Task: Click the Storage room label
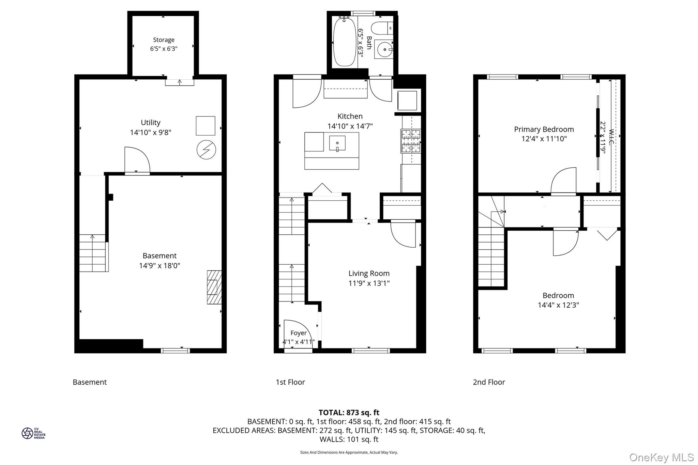[x=164, y=40]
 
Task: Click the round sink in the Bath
[x=384, y=50]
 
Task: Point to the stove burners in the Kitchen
[x=411, y=141]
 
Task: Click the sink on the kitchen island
[x=337, y=143]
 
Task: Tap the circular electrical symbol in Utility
[x=206, y=150]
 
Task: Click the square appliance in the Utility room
[x=206, y=126]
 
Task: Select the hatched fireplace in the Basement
[x=214, y=287]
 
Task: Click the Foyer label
[x=298, y=333]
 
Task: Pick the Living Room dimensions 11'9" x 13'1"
[x=369, y=283]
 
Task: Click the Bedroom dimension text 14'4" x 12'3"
[x=558, y=305]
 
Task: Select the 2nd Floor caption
[x=489, y=382]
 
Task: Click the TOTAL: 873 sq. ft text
[x=349, y=413]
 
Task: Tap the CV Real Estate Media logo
[x=33, y=433]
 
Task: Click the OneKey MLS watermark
[x=661, y=457]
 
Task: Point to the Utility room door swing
[x=137, y=160]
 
